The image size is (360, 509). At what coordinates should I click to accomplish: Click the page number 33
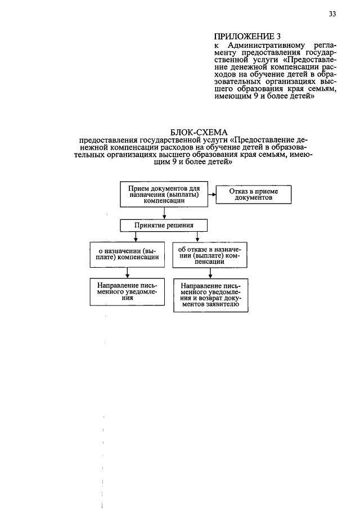pos(332,15)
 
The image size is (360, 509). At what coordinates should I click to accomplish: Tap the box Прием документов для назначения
pos(164,194)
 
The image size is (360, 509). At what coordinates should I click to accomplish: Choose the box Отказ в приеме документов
pos(254,195)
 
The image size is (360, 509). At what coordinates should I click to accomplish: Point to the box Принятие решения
pos(164,226)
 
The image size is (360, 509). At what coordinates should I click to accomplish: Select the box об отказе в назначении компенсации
pos(210,254)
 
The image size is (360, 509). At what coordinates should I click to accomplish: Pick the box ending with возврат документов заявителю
pos(210,295)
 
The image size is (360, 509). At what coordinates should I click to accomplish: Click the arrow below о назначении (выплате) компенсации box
pos(128,272)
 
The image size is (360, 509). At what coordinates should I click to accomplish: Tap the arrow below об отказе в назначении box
pos(210,273)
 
